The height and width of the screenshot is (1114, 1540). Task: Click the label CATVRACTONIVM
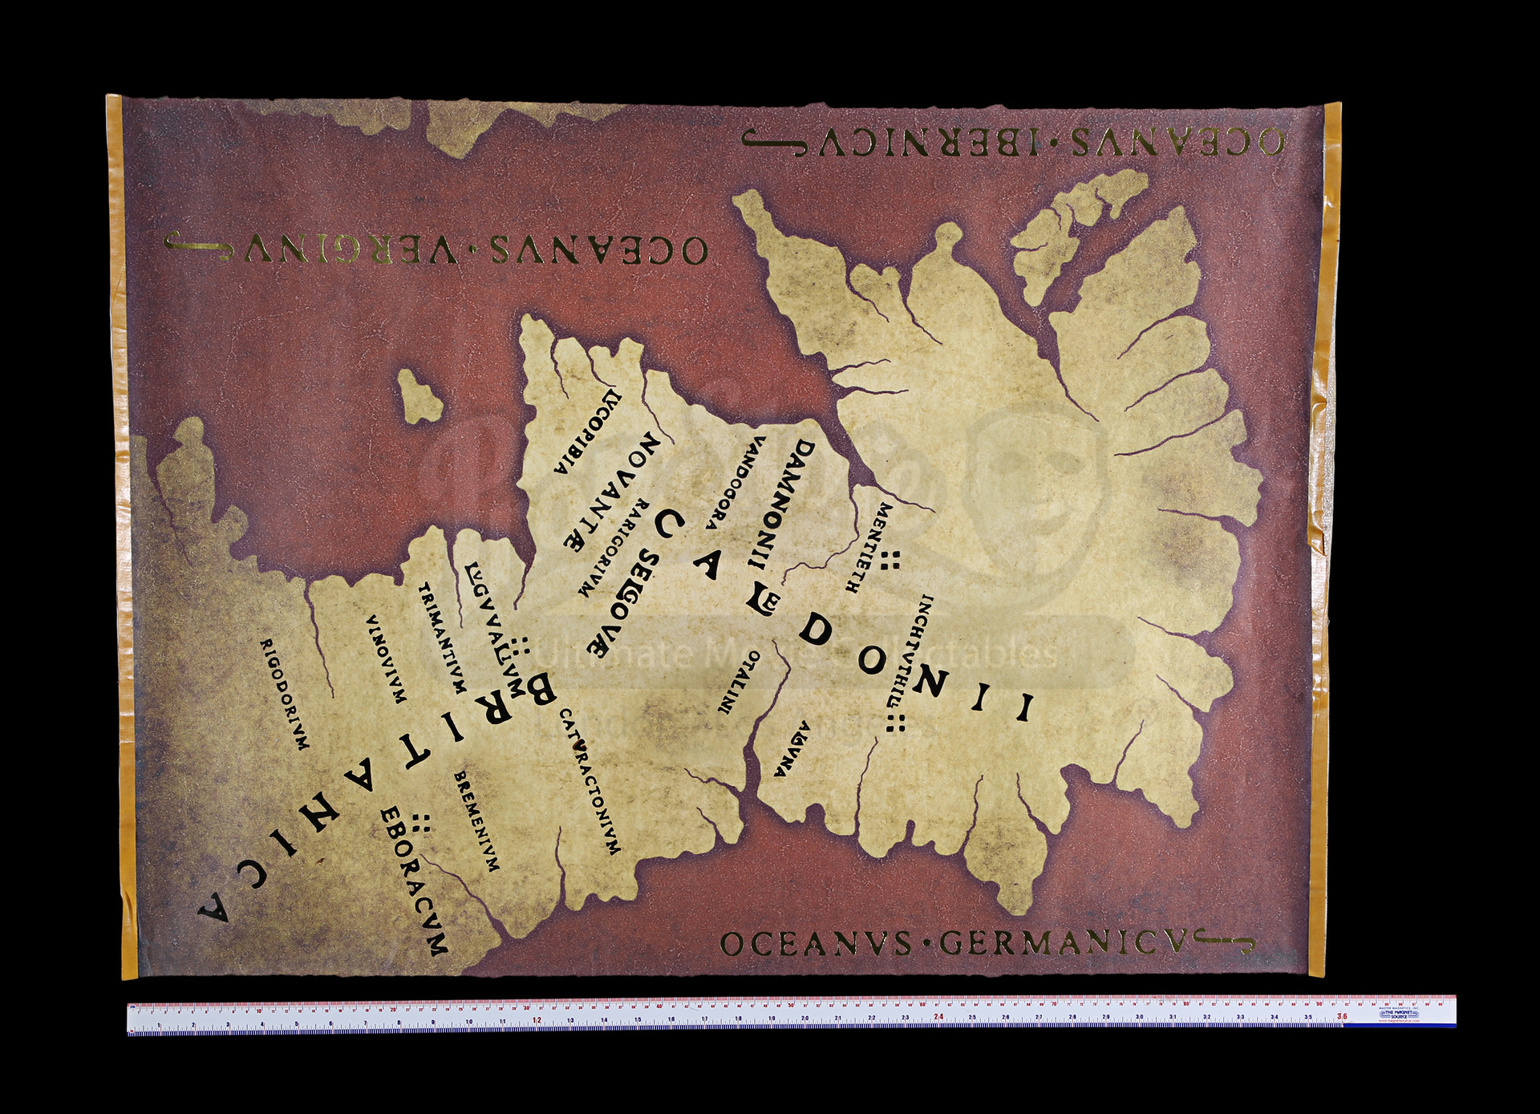[x=590, y=781]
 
